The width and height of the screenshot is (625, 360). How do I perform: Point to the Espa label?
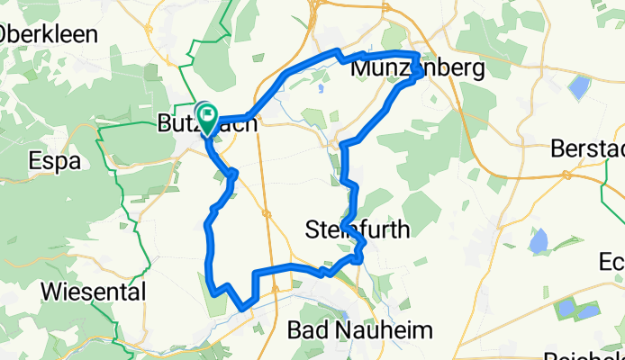(x=55, y=162)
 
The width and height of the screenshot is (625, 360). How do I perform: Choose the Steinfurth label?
(x=358, y=229)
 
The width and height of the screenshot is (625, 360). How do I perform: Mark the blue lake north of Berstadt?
(x=577, y=87)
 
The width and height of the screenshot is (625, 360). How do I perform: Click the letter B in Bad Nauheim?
(x=294, y=329)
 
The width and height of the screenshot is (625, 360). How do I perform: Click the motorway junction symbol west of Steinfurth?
(x=267, y=213)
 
